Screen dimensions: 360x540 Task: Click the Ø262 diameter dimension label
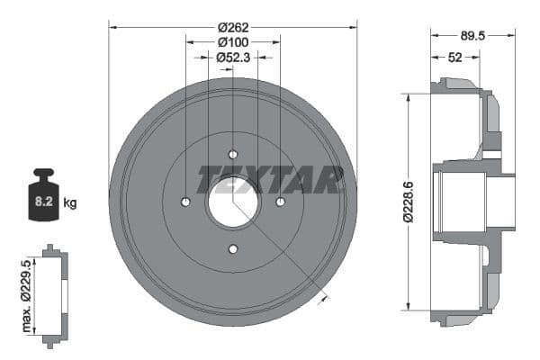tap(233, 27)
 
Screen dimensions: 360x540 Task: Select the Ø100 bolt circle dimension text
tap(233, 41)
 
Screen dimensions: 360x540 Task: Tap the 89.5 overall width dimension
tap(472, 36)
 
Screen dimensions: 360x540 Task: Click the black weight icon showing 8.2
tap(43, 196)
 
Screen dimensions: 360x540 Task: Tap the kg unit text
tap(70, 203)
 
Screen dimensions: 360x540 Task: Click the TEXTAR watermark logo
tap(270, 179)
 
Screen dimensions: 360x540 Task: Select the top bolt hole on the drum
tap(233, 154)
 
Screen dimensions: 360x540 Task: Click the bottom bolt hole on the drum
tap(233, 248)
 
